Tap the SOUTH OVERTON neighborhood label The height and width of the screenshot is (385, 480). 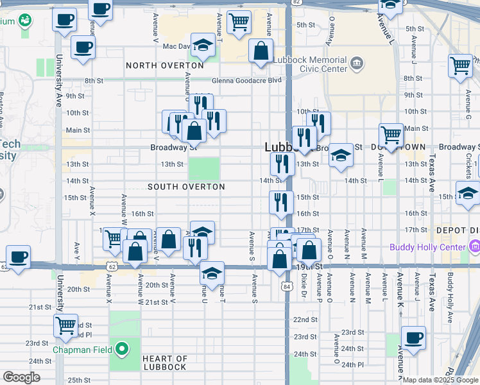click(186, 187)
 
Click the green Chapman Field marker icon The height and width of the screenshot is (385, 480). click(121, 350)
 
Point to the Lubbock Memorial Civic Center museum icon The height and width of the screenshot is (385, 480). click(357, 64)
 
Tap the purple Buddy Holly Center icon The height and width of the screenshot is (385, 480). click(474, 247)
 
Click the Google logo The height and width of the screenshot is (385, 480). click(21, 377)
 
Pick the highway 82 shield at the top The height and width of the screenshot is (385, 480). click(293, 3)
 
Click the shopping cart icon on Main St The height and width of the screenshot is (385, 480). click(391, 134)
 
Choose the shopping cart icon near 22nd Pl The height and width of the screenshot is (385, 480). click(65, 325)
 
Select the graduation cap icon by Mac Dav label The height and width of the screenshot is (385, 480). click(203, 45)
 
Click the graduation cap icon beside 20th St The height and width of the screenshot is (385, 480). click(212, 273)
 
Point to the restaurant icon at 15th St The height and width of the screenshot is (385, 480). click(280, 201)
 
